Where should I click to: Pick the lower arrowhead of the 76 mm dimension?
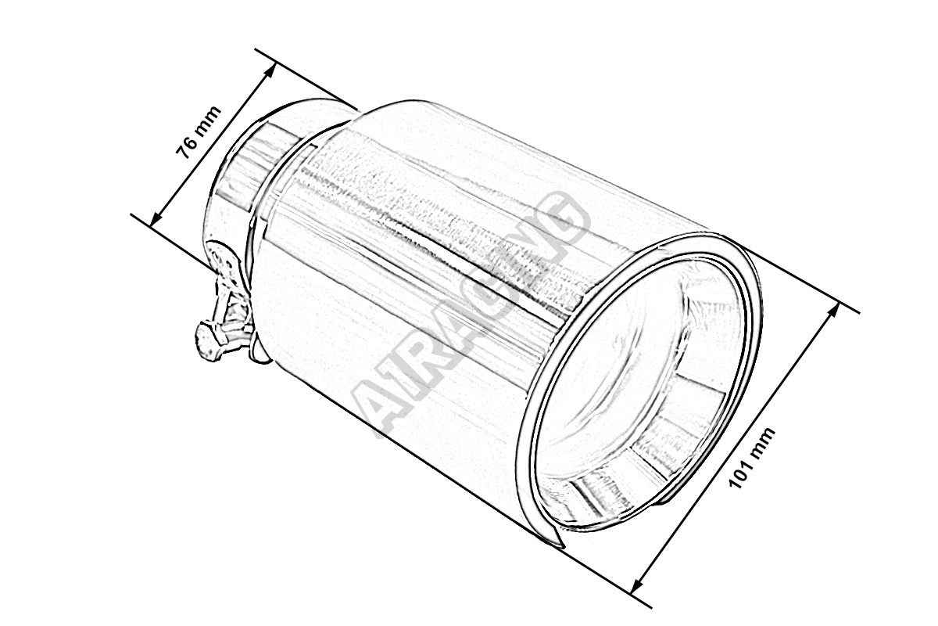(156, 216)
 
